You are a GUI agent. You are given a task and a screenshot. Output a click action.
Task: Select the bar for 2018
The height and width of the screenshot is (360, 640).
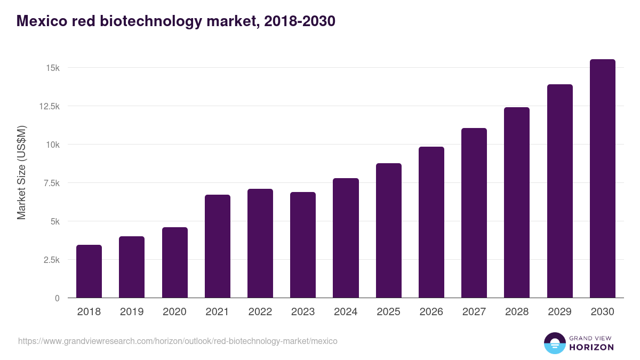[x=89, y=271]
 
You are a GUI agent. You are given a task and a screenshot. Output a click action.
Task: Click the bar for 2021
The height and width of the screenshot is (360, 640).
[x=217, y=246]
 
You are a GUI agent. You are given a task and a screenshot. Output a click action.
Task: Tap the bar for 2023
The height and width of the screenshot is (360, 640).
[x=303, y=245]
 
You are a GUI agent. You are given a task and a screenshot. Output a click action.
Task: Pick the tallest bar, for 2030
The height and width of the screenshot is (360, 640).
[x=602, y=178]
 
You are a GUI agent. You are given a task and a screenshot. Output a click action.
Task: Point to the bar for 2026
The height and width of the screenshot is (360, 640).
[x=431, y=222]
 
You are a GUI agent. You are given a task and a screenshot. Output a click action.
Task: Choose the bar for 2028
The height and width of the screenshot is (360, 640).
[x=517, y=202]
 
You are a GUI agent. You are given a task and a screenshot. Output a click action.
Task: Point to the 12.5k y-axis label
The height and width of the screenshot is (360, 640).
[x=49, y=107]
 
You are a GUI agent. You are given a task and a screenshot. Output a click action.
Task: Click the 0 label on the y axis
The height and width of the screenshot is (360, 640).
[x=57, y=299]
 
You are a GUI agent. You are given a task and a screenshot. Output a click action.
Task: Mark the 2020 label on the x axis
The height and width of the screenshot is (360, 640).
[x=174, y=312]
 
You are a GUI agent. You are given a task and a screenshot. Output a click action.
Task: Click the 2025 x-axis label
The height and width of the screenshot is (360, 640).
[x=388, y=312]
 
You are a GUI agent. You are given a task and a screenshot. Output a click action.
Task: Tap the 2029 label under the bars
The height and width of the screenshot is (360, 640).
[x=559, y=312]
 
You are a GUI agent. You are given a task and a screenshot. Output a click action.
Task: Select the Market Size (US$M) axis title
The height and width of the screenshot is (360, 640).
[x=21, y=172]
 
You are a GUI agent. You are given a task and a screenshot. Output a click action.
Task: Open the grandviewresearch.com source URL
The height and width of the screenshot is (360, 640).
[x=178, y=341]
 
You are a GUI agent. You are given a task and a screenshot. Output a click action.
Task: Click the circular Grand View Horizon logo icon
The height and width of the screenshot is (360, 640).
[x=555, y=343]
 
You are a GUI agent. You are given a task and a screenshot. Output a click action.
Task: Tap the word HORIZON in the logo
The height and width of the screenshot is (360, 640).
[x=591, y=347]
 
